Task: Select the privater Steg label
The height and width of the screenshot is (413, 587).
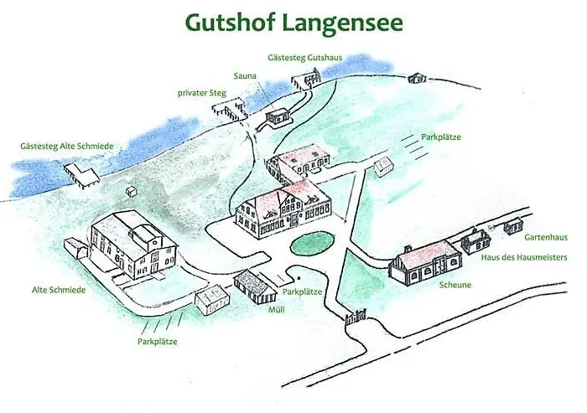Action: [x=201, y=92]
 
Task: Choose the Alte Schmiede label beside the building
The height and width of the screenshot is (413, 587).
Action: [x=60, y=290]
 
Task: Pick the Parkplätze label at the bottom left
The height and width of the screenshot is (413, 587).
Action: [x=158, y=341]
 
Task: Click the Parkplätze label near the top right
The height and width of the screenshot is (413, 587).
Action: [x=442, y=137]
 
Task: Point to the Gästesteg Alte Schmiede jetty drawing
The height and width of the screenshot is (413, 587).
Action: [x=82, y=174]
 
